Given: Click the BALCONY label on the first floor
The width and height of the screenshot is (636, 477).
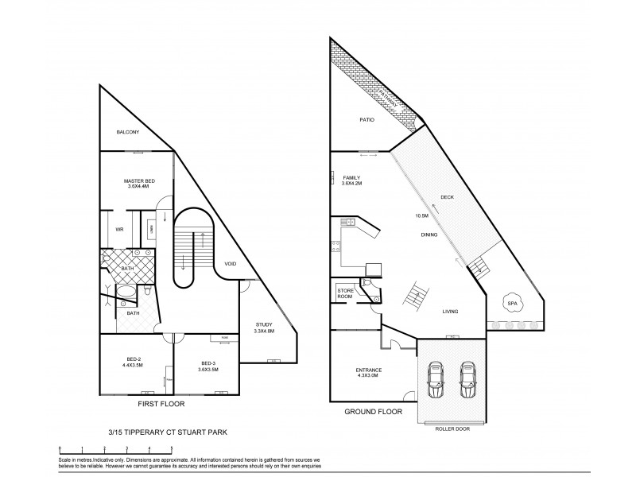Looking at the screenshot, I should click(x=129, y=132).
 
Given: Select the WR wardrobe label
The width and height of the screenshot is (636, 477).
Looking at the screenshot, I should click(x=119, y=230).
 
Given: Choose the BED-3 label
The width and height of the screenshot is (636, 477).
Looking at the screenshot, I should click(x=206, y=363).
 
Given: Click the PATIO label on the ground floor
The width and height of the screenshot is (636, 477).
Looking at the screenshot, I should click(x=366, y=119).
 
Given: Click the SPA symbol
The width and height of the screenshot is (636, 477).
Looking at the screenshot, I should click(x=513, y=302).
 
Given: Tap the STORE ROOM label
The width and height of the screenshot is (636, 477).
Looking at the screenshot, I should click(x=345, y=293).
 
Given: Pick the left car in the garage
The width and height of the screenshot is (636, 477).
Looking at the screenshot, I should click(x=436, y=381).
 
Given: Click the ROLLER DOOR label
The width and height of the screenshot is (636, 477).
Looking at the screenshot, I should click(x=452, y=428).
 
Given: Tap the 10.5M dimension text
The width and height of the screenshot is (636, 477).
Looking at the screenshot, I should click(x=421, y=215).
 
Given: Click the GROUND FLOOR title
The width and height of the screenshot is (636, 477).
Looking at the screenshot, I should click(x=373, y=412).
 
